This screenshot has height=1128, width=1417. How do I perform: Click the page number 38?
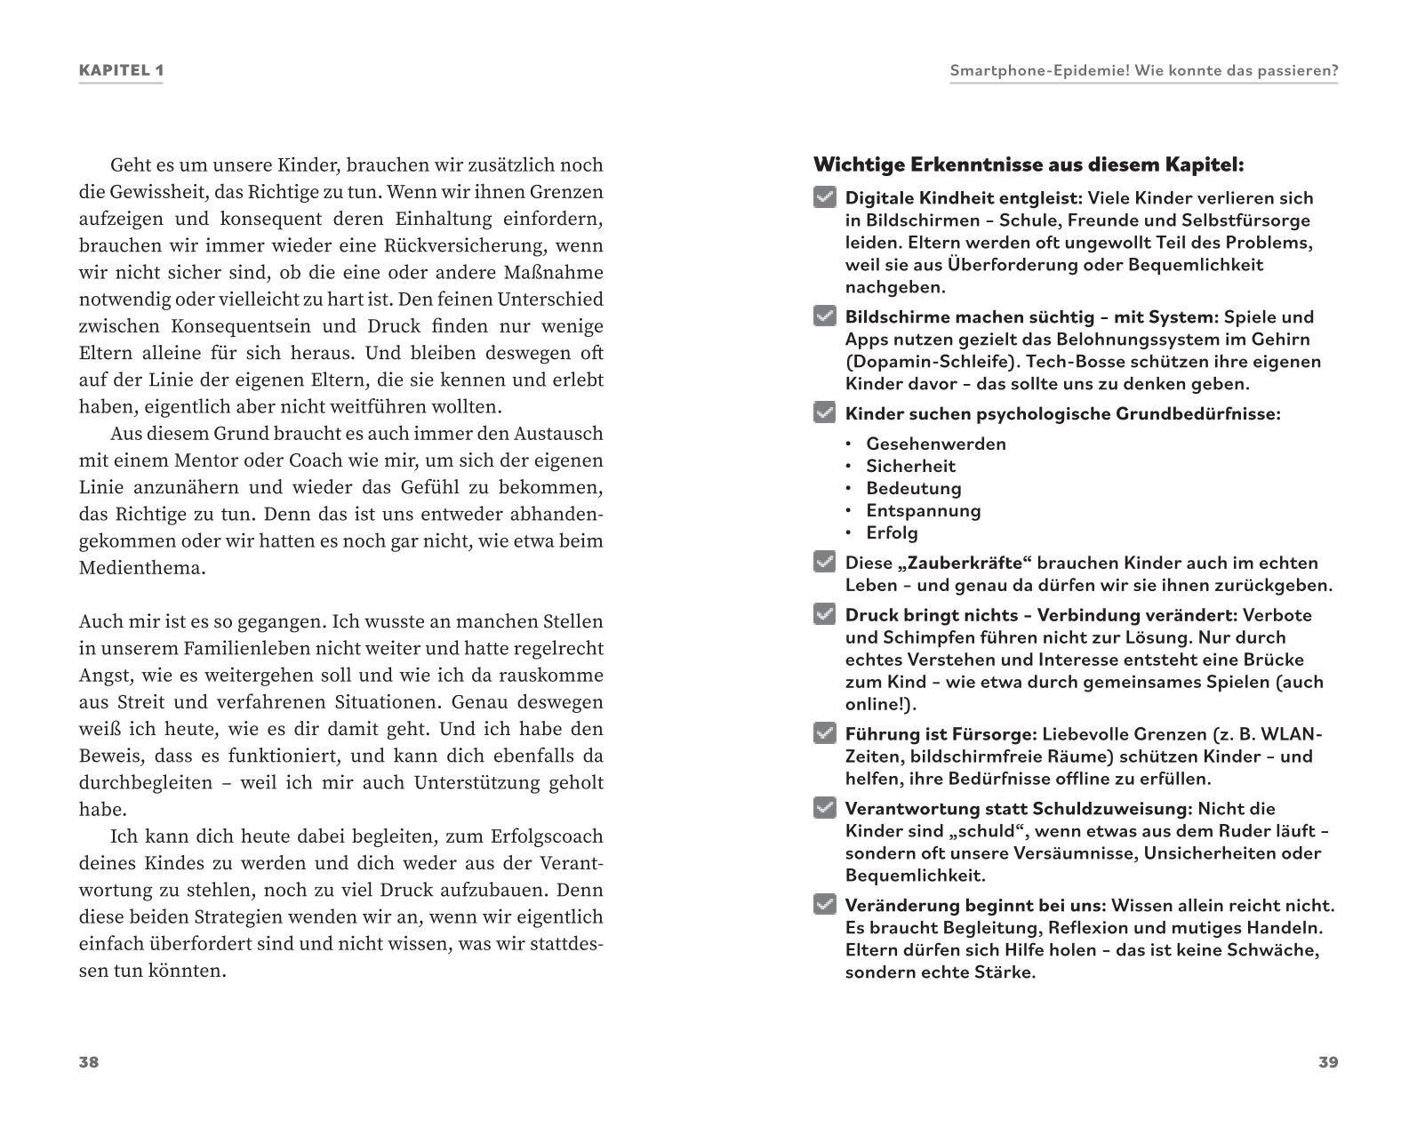coord(89,1062)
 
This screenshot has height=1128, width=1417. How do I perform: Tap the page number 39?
coord(1328,1062)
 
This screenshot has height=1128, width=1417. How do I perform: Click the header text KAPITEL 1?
coord(121,70)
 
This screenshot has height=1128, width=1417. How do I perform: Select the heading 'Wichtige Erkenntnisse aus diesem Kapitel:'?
coord(1029,164)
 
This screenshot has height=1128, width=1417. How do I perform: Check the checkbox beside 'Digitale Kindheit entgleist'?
coord(825,197)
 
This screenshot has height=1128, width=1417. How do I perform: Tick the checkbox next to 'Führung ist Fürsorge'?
coord(825,733)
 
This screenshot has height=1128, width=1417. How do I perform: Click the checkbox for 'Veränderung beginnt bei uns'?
coord(825,905)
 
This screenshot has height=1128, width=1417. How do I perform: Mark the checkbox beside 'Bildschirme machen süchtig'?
coord(825,316)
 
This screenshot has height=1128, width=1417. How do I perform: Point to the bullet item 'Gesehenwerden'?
coord(936,444)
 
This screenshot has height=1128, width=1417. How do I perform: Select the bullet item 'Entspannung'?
coord(924,510)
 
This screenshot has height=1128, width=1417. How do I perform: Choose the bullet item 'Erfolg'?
coord(892,532)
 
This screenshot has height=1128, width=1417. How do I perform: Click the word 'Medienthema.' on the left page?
coord(142,568)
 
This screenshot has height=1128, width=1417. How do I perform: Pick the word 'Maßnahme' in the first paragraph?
coord(560,273)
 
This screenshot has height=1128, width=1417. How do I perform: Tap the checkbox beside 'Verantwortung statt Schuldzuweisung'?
coord(825,808)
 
